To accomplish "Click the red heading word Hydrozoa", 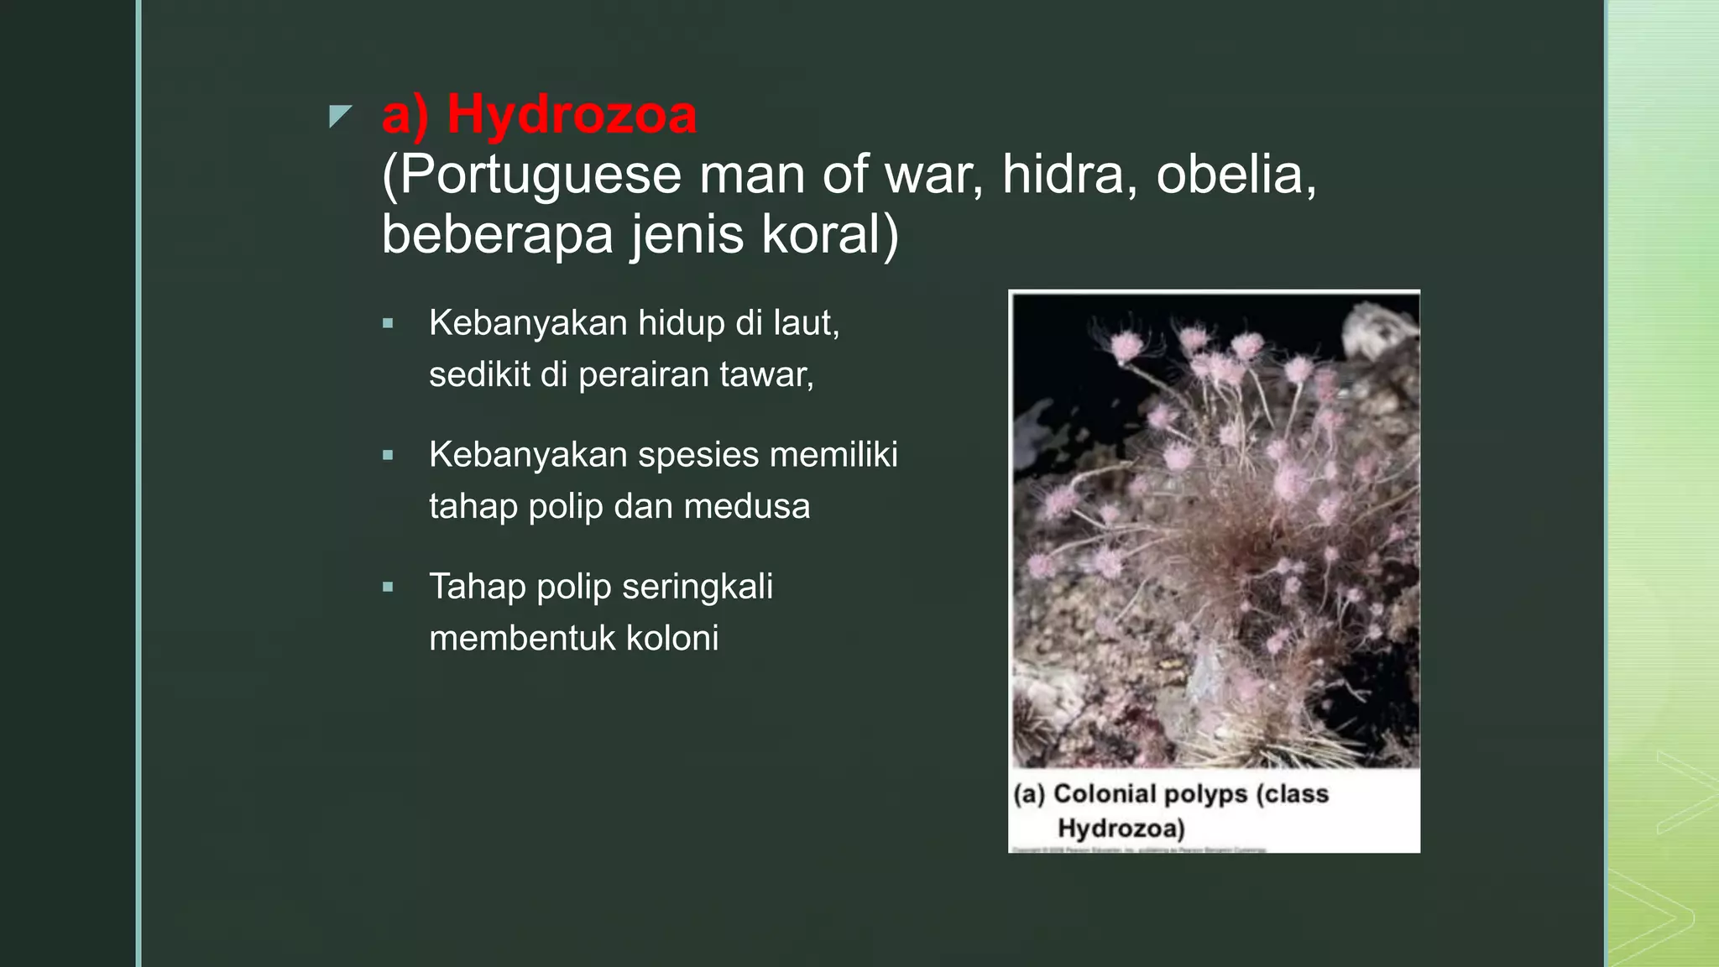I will coord(571,114).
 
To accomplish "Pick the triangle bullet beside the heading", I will coord(339,116).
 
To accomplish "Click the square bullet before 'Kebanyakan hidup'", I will coord(388,323).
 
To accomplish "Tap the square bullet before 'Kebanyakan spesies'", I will coord(388,456).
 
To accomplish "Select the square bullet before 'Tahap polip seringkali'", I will coord(388,588).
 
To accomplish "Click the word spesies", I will coord(698,455).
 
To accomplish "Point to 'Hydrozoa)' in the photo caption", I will coord(1121,828).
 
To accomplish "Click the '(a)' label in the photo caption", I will coord(1029,793).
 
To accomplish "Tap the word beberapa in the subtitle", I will coord(497,234).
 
